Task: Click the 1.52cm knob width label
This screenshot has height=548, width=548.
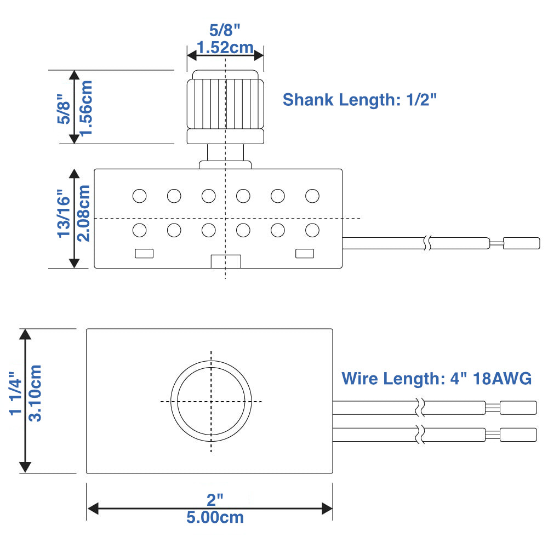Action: (x=225, y=48)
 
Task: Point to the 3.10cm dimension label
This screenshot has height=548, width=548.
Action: (x=35, y=401)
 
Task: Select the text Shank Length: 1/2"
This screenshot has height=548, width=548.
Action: (x=360, y=100)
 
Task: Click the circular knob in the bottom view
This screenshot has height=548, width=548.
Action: (x=211, y=401)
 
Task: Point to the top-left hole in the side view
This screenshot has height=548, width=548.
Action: (x=139, y=196)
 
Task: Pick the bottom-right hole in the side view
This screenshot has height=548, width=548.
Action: (x=312, y=230)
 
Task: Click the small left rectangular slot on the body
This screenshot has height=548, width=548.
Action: (x=144, y=253)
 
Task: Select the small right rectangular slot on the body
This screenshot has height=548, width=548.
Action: (x=304, y=253)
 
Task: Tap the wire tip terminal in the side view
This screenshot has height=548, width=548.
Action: (x=521, y=243)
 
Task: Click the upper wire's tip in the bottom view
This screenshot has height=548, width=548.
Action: (x=518, y=408)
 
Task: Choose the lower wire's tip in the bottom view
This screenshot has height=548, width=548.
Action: (x=518, y=435)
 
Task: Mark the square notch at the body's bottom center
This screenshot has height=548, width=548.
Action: (x=225, y=261)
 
